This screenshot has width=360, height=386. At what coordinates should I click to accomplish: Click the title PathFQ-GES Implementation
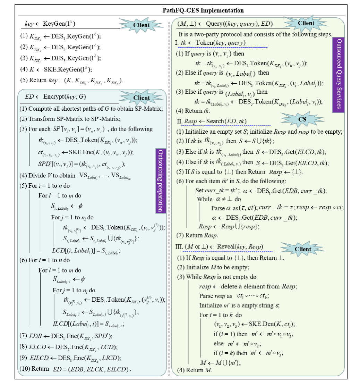[x=203, y=10]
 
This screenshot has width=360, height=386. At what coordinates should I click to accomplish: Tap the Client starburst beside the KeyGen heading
[x=142, y=25]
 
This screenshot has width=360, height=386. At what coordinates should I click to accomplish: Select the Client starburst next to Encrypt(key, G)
[x=142, y=98]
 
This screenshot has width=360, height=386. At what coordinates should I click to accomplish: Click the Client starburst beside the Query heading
[x=306, y=23]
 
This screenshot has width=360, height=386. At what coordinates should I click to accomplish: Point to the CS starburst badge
[x=302, y=119]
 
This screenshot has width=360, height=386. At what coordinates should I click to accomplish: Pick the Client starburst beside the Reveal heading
[x=303, y=249]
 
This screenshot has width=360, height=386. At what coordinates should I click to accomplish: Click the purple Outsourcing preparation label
[x=161, y=181]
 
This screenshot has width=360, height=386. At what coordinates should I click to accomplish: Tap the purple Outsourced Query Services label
[x=338, y=74]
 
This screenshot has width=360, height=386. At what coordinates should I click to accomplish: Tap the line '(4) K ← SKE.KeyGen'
[x=55, y=69]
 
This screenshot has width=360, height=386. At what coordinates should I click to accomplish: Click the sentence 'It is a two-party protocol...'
[x=255, y=34]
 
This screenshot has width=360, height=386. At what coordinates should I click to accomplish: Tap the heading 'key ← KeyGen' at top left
[x=50, y=24]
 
